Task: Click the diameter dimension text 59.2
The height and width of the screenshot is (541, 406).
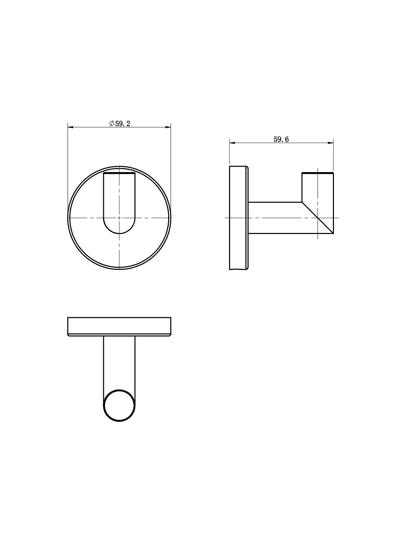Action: coord(123,124)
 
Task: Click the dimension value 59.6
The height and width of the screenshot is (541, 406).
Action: coord(281,140)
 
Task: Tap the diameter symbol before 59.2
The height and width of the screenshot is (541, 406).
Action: coord(112,124)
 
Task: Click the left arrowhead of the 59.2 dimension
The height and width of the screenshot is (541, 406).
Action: coord(70,127)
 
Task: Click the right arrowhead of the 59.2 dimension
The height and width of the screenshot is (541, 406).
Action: coord(168,127)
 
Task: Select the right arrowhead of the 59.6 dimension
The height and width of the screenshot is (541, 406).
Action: coord(331,143)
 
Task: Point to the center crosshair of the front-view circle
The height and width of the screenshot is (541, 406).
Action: coord(119,218)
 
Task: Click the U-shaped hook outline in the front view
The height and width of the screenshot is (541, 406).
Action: coord(103,202)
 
